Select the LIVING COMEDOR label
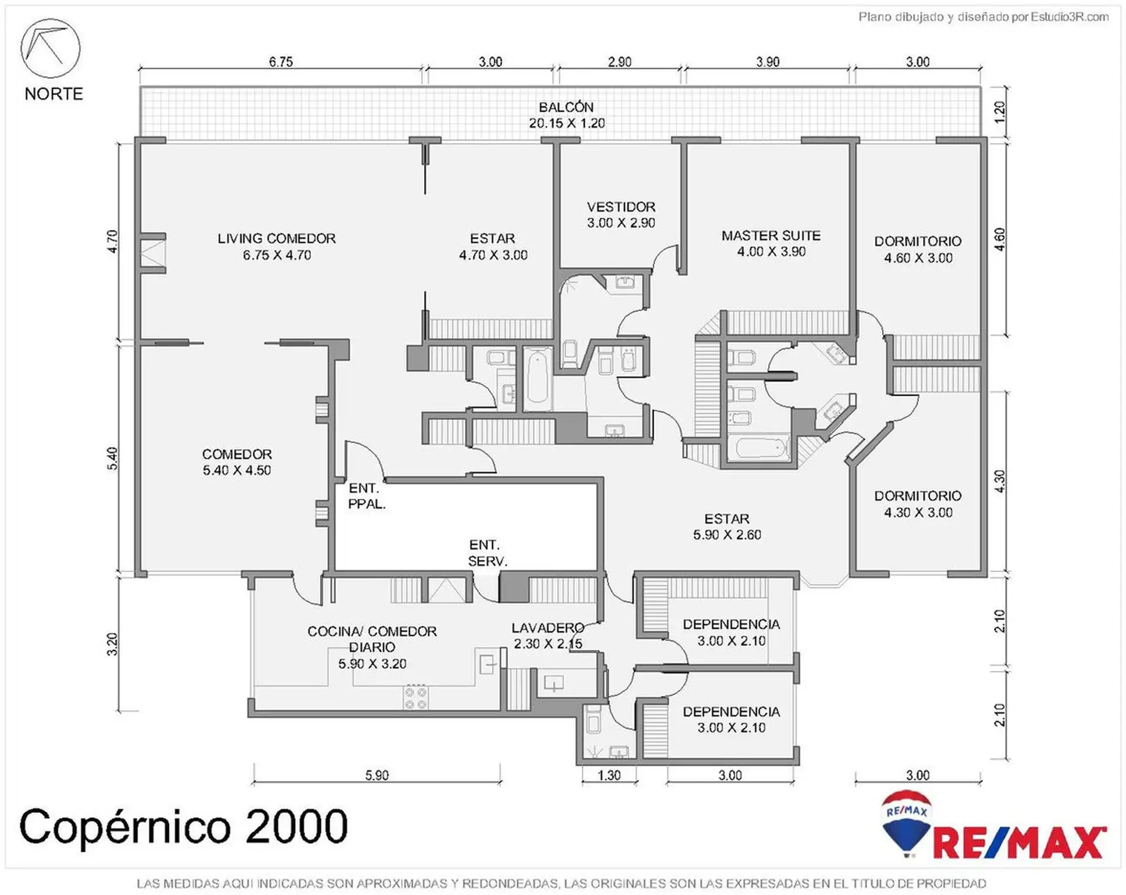click(x=277, y=238)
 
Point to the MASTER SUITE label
click(x=771, y=235)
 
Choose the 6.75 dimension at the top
click(x=281, y=62)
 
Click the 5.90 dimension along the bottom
click(x=377, y=775)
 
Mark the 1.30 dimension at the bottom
click(x=609, y=775)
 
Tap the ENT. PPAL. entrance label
click(x=367, y=496)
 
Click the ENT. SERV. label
click(x=487, y=552)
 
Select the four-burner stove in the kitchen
click(x=416, y=697)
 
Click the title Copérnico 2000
click(x=184, y=826)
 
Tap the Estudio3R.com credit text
click(x=1070, y=16)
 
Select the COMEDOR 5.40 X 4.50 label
click(x=237, y=462)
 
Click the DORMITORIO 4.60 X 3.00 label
click(x=918, y=249)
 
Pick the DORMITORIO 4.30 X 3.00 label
click(x=918, y=504)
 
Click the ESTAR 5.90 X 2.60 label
click(x=727, y=527)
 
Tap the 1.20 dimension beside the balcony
click(x=1000, y=111)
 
